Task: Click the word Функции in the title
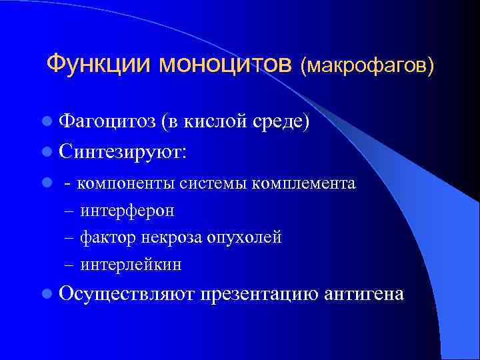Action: (x=100, y=64)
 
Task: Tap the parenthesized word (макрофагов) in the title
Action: (x=367, y=65)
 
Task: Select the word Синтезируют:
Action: (x=123, y=152)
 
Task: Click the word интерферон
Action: (x=127, y=211)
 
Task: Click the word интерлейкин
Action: (x=131, y=265)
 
